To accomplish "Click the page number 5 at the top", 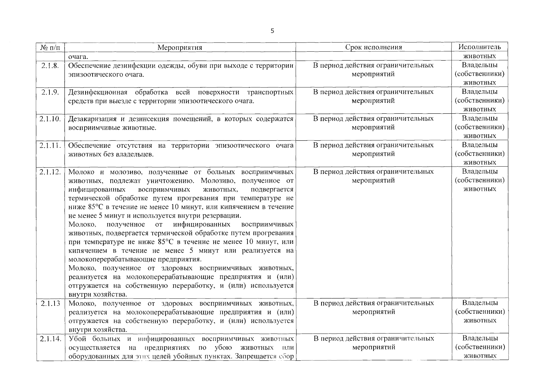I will pyautogui.click(x=272, y=31).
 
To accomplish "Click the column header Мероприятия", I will pyautogui.click(x=180, y=48).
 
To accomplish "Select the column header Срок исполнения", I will pyautogui.click(x=373, y=47).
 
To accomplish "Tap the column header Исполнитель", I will pyautogui.click(x=480, y=47).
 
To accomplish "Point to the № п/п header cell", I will pyautogui.click(x=50, y=48).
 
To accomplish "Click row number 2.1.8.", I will pyautogui.click(x=50, y=65).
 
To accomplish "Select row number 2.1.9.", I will pyautogui.click(x=50, y=92).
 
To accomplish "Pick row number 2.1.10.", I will pyautogui.click(x=50, y=119).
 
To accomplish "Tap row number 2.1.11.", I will pyautogui.click(x=50, y=145).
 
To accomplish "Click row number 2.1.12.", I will pyautogui.click(x=50, y=172).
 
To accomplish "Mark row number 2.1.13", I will pyautogui.click(x=50, y=303).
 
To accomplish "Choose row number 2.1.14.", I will pyautogui.click(x=50, y=339).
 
